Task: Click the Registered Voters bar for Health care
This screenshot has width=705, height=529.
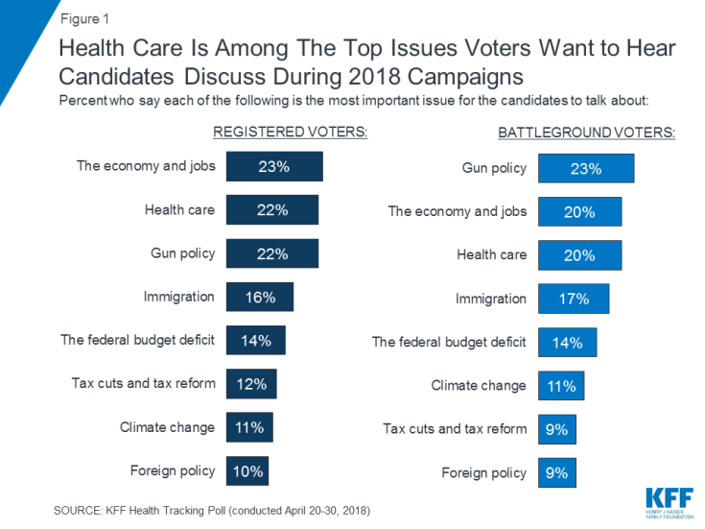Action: (x=272, y=209)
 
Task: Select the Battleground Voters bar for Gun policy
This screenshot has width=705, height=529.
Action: (x=585, y=168)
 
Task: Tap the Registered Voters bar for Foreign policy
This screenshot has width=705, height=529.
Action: (x=247, y=470)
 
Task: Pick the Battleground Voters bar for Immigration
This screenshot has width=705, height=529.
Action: (x=573, y=299)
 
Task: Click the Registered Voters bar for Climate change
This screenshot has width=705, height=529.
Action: (x=249, y=427)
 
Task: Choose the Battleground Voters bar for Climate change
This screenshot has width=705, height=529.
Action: (x=561, y=386)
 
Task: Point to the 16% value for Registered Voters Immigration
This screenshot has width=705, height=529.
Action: (x=259, y=297)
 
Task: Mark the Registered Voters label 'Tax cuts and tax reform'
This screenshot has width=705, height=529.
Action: (x=144, y=384)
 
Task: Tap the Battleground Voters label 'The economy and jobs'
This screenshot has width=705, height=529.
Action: (x=458, y=211)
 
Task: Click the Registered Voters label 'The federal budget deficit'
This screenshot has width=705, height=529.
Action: (x=138, y=340)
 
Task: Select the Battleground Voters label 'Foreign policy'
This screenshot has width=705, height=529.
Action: (x=484, y=472)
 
